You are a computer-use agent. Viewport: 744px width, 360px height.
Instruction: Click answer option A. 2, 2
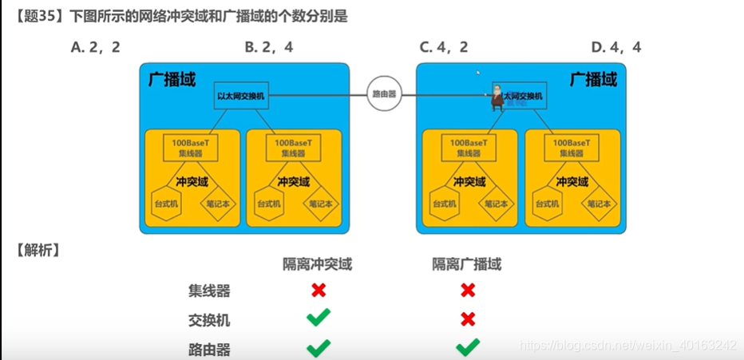(x=95, y=47)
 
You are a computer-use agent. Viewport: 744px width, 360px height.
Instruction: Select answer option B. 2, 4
(x=269, y=47)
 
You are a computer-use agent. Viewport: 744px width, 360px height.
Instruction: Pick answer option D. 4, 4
(x=616, y=47)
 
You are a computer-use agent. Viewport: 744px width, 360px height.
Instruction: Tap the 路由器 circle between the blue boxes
(x=383, y=93)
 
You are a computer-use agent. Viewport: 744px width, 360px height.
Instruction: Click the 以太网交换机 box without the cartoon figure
(x=242, y=95)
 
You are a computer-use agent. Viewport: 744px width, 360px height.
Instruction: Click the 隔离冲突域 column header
(x=318, y=263)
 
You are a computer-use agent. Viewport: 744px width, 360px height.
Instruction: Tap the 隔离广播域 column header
(x=467, y=263)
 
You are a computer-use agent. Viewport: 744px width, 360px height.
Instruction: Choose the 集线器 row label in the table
(x=209, y=291)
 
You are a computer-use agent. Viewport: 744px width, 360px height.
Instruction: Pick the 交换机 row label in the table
(x=209, y=320)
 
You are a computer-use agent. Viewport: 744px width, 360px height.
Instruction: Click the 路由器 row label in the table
(x=209, y=349)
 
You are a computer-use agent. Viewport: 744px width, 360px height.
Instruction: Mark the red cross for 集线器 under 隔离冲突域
(x=319, y=291)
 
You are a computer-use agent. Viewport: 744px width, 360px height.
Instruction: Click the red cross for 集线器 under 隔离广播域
(x=468, y=291)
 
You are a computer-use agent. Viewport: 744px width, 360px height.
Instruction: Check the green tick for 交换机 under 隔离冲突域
(x=319, y=319)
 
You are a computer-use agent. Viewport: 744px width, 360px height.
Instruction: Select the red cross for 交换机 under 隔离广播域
(x=468, y=319)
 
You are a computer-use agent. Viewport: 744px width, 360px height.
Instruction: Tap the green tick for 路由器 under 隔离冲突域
(x=319, y=348)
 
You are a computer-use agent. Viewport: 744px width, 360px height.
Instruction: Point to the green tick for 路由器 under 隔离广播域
(x=468, y=347)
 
